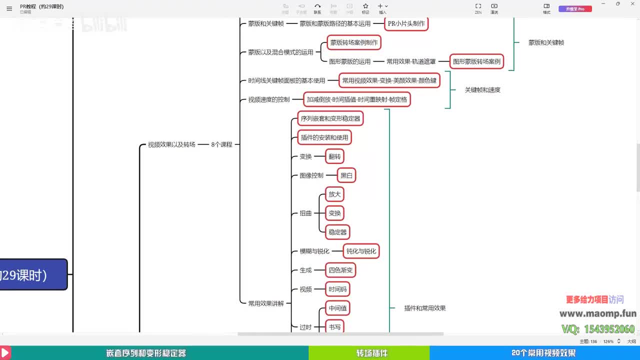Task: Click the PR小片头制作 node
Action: click(x=406, y=23)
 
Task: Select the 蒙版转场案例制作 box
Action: click(x=354, y=42)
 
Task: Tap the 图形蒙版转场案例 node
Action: click(x=476, y=61)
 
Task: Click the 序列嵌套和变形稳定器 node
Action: click(x=330, y=118)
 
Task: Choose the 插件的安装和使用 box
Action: click(x=324, y=137)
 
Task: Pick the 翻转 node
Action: click(x=334, y=156)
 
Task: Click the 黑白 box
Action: click(x=346, y=175)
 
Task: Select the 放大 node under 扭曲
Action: click(x=334, y=194)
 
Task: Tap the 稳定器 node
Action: click(x=337, y=232)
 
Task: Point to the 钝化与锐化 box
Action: click(x=361, y=251)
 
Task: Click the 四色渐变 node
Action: click(x=340, y=270)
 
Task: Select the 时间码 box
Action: click(x=337, y=289)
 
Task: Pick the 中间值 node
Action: click(x=337, y=308)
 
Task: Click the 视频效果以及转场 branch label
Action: click(x=171, y=144)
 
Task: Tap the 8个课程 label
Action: click(x=221, y=144)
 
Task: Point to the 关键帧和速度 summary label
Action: click(x=482, y=90)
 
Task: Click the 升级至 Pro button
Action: click(x=575, y=9)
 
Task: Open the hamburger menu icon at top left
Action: click(x=9, y=8)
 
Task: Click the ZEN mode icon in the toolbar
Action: click(x=478, y=6)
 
